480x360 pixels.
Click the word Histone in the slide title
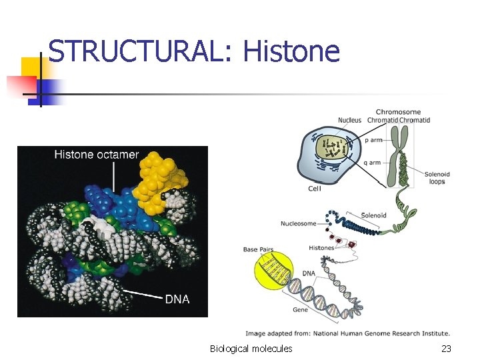[291, 52]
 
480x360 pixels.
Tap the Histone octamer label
[97, 155]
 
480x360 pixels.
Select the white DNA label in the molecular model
[177, 299]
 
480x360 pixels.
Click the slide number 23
[446, 349]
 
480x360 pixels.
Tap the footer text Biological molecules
[251, 349]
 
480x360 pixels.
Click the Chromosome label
[398, 112]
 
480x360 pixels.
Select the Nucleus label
[349, 121]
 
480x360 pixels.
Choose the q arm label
[373, 163]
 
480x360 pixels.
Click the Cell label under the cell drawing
[315, 189]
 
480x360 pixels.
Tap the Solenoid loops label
[437, 178]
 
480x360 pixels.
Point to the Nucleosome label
[298, 223]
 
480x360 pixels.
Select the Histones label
[321, 248]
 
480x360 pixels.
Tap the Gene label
[300, 310]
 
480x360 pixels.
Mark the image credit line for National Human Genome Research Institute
[347, 333]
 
